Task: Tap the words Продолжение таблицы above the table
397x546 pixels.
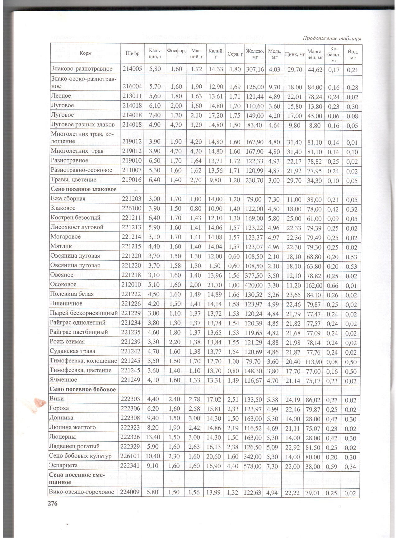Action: (331, 39)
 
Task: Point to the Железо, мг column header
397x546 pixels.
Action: (255, 53)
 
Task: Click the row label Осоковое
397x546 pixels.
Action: (63, 285)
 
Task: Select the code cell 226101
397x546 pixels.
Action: (130, 456)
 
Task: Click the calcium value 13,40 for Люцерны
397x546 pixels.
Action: (154, 437)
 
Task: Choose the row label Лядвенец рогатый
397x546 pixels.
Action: (75, 446)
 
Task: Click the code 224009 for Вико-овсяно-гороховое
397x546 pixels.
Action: (130, 492)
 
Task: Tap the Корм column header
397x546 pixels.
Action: (85, 53)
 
